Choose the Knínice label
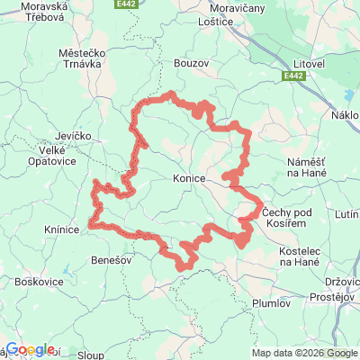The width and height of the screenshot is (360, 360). (x=60, y=229)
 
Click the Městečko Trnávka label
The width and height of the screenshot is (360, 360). (x=84, y=59)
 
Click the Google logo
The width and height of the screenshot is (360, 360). (x=30, y=349)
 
